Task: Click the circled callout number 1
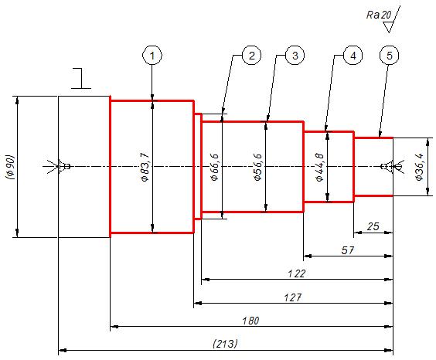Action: [x=152, y=56]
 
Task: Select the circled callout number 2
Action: [x=252, y=56]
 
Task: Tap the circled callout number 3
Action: [x=295, y=56]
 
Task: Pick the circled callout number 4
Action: [x=353, y=56]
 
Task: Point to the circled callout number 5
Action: [x=390, y=56]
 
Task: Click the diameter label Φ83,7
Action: [x=145, y=167]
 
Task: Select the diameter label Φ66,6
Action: [x=215, y=167]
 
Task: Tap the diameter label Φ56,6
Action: [x=257, y=167]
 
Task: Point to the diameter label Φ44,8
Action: [x=320, y=167]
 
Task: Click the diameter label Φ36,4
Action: [x=420, y=167]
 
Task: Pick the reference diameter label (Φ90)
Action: [x=10, y=167]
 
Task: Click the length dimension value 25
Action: [x=373, y=226]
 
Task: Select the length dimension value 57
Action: [x=347, y=250]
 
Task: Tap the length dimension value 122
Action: [x=296, y=274]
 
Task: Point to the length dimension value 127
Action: [x=293, y=297]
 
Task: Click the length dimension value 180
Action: [x=250, y=321]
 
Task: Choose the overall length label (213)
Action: [x=225, y=344]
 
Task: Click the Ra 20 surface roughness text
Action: [x=379, y=15]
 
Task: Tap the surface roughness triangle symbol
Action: [x=388, y=27]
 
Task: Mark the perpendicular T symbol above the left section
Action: [x=81, y=78]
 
